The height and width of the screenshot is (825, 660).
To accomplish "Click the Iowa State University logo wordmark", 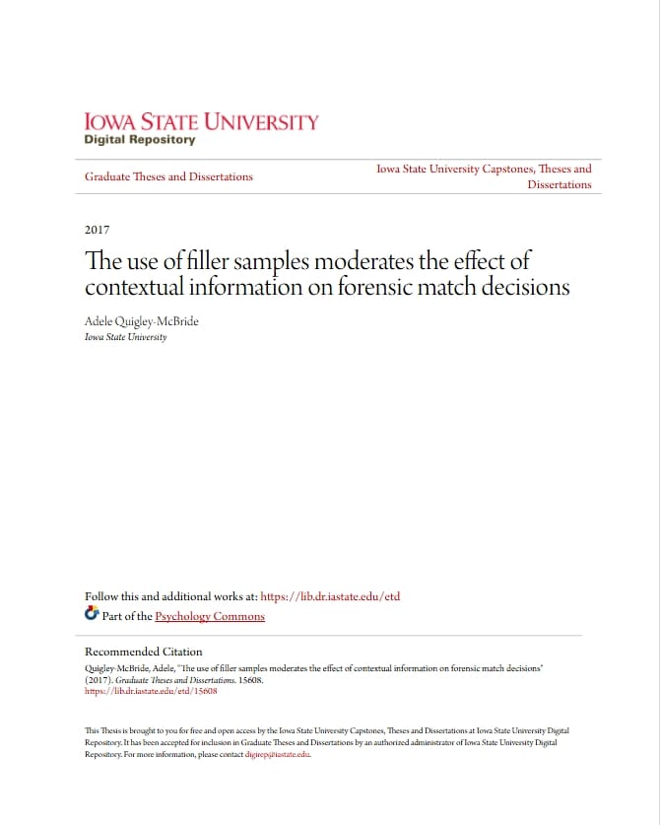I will (201, 122).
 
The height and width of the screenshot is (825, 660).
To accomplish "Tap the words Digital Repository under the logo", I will (140, 140).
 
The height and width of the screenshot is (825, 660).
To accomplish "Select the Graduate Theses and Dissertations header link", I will (168, 176).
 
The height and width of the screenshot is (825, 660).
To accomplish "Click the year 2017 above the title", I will (97, 230).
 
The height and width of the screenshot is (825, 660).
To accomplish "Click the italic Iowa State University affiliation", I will (125, 337).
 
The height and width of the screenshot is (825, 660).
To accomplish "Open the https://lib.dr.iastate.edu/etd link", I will (330, 596).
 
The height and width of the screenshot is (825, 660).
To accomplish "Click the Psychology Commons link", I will (210, 616).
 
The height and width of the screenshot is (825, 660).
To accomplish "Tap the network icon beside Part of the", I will (92, 615).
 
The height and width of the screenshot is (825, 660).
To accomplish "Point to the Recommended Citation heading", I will (143, 652).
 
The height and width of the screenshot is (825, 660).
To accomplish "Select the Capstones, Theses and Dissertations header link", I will (484, 176).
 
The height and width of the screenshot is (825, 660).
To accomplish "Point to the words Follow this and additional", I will (153, 596).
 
